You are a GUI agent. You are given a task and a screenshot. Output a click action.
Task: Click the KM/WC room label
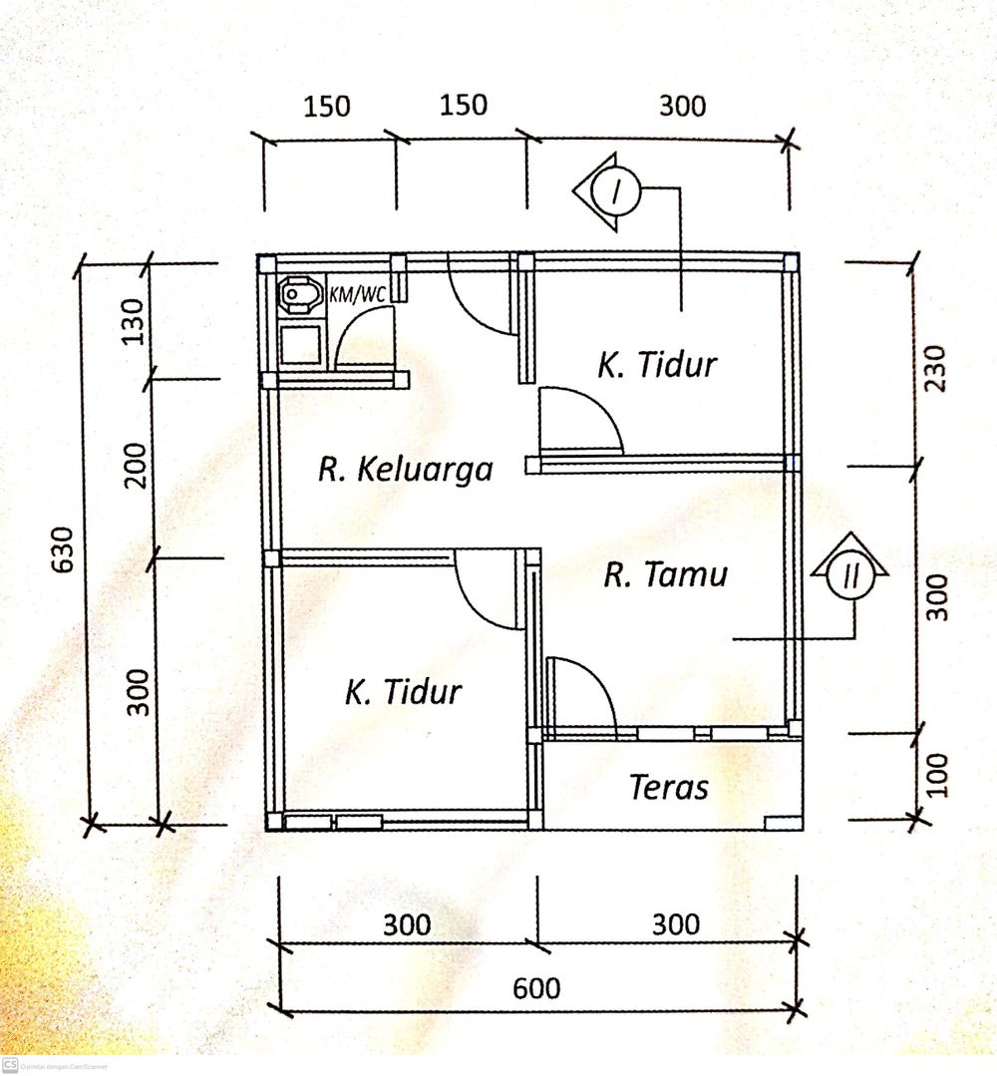[x=357, y=294]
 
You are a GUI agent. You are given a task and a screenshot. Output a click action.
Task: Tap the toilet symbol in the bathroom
[x=301, y=295]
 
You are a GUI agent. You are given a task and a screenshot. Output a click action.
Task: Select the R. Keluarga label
[x=406, y=470]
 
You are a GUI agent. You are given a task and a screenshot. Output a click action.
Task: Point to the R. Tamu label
[x=666, y=574]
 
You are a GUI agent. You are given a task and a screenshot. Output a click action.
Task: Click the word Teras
[x=669, y=787]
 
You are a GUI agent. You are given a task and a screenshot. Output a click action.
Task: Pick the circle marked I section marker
[x=615, y=191]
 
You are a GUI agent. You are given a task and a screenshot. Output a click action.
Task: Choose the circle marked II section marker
[x=850, y=576]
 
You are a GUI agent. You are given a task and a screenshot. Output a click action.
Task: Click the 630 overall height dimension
[x=63, y=549]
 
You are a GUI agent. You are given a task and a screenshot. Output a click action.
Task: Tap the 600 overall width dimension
[x=536, y=989]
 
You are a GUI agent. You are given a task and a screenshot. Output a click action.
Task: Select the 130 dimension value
[x=133, y=321]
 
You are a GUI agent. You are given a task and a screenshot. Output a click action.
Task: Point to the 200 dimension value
[x=136, y=466]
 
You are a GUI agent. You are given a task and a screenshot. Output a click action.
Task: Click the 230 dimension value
[x=935, y=369]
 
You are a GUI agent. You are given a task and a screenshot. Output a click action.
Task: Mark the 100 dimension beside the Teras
[x=938, y=775]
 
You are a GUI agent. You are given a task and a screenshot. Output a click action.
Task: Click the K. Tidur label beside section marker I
[x=657, y=364]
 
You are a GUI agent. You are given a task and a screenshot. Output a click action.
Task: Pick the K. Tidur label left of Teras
[x=403, y=692]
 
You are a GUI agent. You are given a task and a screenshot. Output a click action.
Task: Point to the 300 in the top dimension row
[x=683, y=107]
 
